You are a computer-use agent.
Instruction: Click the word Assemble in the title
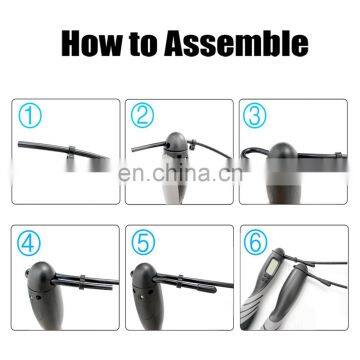coord(236,44)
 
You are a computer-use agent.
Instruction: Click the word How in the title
coord(92,44)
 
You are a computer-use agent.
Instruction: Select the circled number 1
coord(30,116)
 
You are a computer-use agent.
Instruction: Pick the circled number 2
coord(142,115)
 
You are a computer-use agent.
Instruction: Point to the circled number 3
coord(255,115)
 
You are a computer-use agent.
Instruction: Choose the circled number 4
coord(29,242)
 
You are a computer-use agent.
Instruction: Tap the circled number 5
coord(143,242)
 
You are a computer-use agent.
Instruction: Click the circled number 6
coord(256,242)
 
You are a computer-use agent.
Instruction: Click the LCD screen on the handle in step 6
coord(272,266)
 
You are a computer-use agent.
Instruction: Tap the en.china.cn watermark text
coord(180,174)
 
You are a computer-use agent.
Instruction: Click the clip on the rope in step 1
coord(72,152)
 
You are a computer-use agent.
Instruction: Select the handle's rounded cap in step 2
coord(176,141)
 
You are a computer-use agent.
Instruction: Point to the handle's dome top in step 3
coord(283,152)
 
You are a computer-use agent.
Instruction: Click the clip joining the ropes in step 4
coord(82,282)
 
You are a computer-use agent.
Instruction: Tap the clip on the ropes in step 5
coord(180,282)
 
